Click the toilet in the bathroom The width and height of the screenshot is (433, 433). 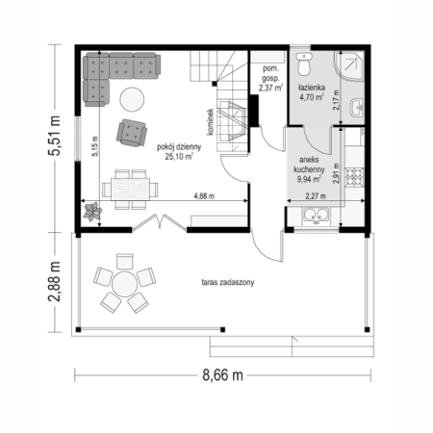coord(303,64)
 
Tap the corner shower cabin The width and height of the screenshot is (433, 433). coord(349,65)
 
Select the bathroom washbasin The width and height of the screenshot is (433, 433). coord(357,107)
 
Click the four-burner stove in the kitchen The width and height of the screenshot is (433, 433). coord(354,177)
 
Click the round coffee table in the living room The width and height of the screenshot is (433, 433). coord(132,99)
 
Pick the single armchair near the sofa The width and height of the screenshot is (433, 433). coord(132,133)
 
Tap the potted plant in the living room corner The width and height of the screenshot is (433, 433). coord(92,212)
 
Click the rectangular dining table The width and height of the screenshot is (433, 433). coord(130,190)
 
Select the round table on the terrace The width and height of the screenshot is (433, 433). coord(124,284)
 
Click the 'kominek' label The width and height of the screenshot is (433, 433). coord(211,121)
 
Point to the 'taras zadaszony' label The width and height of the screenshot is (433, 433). coord(228,282)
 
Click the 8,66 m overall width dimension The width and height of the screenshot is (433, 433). coord(222,374)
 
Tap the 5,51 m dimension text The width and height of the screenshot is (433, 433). coord(54,136)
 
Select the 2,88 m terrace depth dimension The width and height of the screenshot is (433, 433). coord(54,281)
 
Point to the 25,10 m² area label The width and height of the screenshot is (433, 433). coord(179,157)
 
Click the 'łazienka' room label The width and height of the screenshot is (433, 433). coord(312,87)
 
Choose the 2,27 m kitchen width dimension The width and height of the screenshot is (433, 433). coord(316,196)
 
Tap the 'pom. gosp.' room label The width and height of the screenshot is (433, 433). coord(270,73)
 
